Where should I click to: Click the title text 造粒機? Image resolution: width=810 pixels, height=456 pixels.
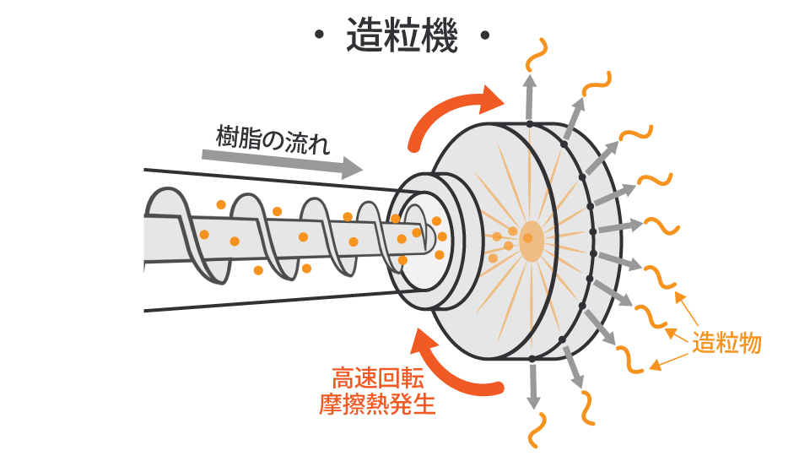[x=402, y=36]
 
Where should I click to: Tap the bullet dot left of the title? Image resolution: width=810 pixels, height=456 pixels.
[x=318, y=36]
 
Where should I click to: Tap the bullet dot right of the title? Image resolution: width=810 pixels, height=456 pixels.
[x=484, y=36]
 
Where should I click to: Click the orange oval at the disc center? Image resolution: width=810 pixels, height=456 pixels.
[x=532, y=241]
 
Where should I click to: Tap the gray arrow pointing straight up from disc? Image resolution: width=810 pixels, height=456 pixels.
[x=530, y=97]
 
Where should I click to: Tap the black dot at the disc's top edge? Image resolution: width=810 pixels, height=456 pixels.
[x=530, y=124]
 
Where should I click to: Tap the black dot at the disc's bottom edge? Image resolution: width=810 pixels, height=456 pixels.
[x=532, y=360]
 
